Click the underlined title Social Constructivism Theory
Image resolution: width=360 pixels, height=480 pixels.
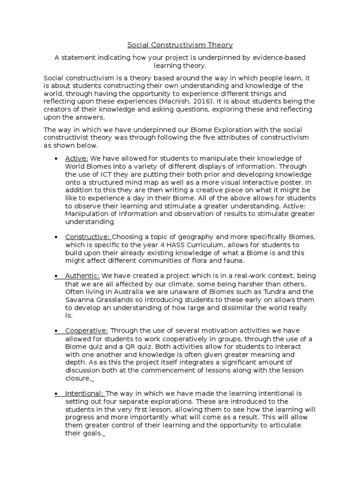(x=180, y=45)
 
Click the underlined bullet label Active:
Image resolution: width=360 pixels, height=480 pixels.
(x=76, y=158)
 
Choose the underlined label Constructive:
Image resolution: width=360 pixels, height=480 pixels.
(x=88, y=236)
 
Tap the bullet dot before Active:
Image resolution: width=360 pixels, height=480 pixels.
(x=57, y=158)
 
